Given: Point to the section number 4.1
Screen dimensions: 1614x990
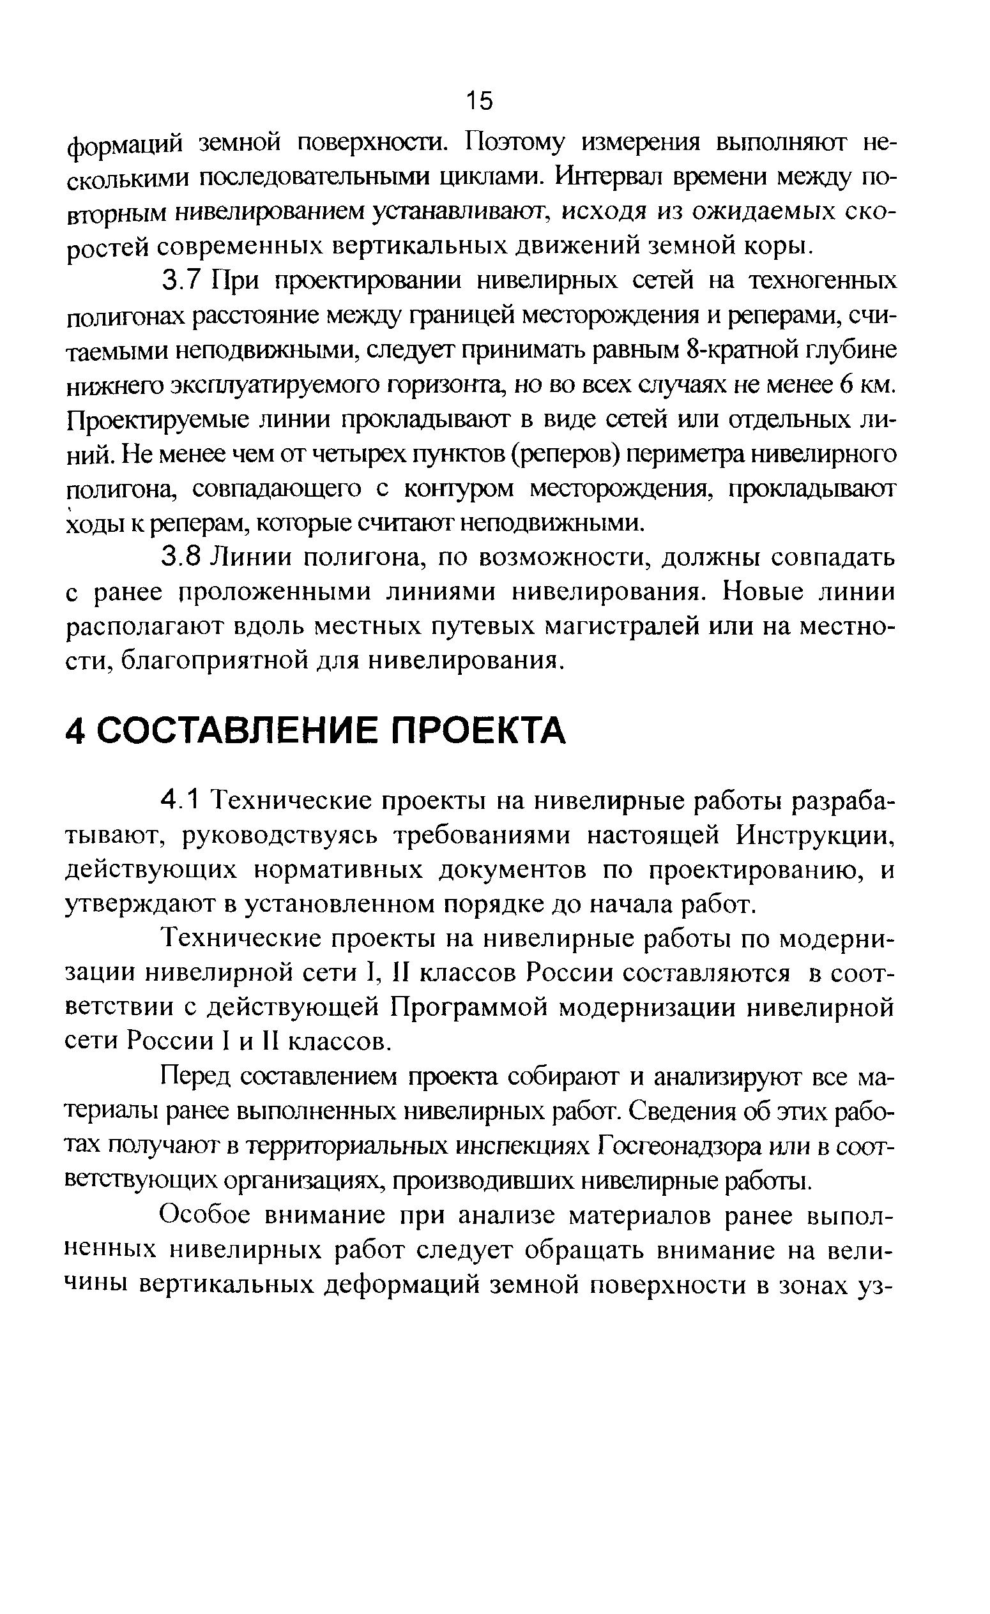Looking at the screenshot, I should point(178,800).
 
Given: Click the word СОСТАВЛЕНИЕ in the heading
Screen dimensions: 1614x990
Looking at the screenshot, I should point(239,730).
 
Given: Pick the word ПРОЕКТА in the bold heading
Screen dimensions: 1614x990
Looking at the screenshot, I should point(478,730).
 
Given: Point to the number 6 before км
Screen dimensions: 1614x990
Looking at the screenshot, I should point(845,384).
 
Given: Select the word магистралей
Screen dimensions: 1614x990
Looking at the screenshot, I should point(630,626).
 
